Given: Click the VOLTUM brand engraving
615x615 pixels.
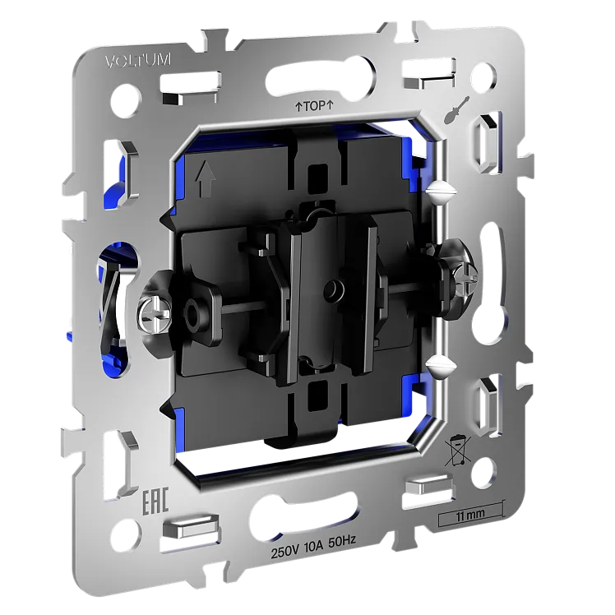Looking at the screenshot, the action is pos(138,62).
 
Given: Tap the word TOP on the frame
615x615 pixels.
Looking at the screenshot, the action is pos(314,106).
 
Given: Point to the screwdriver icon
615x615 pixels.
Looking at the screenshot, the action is pos(457,110).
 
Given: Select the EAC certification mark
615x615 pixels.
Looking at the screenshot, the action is pos(155,501).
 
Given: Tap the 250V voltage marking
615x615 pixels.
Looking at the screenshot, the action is pos(285,552).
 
